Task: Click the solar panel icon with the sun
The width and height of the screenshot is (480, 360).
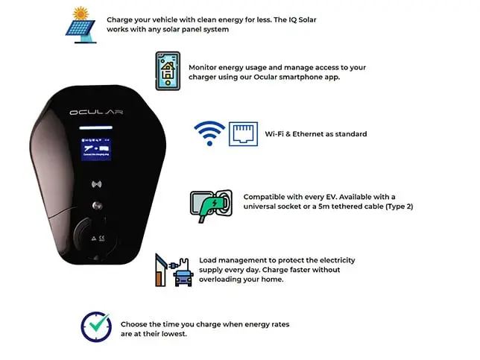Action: [80, 25]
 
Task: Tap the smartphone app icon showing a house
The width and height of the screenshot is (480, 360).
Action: [168, 71]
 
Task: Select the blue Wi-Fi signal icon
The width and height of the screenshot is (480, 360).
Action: [209, 133]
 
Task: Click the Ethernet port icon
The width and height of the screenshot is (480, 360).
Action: [244, 134]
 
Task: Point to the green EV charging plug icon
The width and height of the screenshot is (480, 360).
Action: [211, 206]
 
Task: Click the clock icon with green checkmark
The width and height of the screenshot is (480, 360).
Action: [96, 326]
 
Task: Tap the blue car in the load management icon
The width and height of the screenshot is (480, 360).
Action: [183, 278]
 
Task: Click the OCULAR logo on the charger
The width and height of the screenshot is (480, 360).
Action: [96, 113]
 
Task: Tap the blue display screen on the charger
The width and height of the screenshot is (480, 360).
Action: [96, 149]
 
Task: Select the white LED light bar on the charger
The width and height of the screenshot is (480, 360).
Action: [96, 127]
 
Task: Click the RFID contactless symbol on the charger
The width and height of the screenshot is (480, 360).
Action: [97, 184]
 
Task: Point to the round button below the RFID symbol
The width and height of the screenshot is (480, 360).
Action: [97, 206]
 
